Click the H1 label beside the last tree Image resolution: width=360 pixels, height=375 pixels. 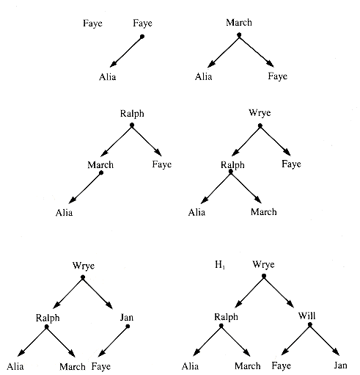(220, 265)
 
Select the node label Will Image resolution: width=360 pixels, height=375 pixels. (306, 316)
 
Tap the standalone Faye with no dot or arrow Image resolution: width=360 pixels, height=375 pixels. (92, 23)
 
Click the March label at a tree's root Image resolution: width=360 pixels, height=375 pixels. (239, 22)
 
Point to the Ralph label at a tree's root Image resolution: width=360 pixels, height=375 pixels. (132, 114)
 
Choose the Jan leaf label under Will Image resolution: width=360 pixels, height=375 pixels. (340, 365)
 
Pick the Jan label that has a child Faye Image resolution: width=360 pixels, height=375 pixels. (127, 317)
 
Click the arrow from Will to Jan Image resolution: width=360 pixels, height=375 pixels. (325, 340)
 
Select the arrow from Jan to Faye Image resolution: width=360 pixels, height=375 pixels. (113, 341)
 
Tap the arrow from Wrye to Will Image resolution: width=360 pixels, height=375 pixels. (279, 292)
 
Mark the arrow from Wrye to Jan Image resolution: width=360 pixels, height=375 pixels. (98, 293)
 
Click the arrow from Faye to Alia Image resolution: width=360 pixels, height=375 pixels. (126, 52)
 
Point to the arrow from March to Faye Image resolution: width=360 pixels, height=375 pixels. (257, 51)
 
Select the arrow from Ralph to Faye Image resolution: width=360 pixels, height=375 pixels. (147, 141)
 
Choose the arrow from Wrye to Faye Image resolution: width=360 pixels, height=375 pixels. (276, 141)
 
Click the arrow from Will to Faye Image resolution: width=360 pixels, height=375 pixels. (295, 340)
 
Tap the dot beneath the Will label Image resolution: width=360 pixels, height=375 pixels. (310, 325)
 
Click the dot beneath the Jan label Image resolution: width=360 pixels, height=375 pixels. (128, 327)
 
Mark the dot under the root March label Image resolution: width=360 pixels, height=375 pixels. (239, 35)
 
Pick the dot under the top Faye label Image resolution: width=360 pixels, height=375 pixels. (142, 37)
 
